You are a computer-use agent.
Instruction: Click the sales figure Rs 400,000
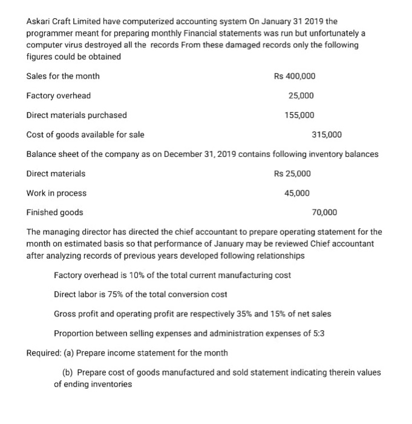pos(294,76)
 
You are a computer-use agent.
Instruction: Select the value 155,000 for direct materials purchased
pos(299,115)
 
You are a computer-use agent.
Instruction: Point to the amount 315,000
pos(327,134)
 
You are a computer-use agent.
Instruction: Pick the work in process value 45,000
pos(296,193)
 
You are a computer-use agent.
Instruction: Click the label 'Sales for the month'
pos(63,76)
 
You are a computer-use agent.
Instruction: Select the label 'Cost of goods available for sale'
pos(85,134)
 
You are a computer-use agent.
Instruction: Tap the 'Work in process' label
pos(56,193)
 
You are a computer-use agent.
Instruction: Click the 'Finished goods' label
pos(55,212)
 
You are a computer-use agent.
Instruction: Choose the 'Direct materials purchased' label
pos(77,115)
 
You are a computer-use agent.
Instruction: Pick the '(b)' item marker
pos(68,372)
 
